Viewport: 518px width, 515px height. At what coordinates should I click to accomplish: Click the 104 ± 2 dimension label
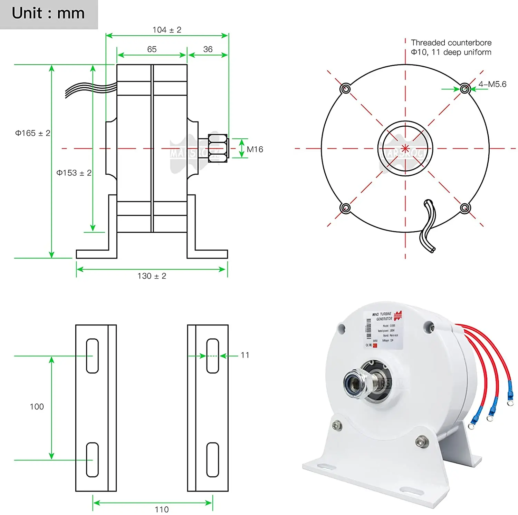(167, 30)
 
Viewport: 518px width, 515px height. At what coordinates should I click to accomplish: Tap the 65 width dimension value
(152, 49)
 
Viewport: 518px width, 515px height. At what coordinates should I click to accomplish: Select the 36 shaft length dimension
(208, 49)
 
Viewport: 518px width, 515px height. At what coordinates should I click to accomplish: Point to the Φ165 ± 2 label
(32, 133)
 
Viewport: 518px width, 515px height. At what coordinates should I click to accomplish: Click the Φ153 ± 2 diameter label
(74, 173)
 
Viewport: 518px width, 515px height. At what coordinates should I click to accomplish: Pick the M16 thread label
(255, 149)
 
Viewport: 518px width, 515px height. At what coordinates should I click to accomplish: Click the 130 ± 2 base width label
(152, 276)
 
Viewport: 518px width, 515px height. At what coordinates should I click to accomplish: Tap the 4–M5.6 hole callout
(492, 84)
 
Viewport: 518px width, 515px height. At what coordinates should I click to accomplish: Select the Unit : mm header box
(48, 14)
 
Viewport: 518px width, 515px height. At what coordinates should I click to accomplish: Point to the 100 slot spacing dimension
(37, 407)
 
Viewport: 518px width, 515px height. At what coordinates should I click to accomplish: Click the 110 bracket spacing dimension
(162, 509)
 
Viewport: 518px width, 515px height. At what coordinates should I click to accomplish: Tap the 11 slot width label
(245, 355)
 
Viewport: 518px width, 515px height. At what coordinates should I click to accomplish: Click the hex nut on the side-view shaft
(218, 148)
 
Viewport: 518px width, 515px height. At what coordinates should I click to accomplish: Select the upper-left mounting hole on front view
(345, 89)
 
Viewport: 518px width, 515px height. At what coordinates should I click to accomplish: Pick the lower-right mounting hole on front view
(465, 208)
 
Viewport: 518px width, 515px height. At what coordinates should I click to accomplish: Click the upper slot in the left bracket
(92, 356)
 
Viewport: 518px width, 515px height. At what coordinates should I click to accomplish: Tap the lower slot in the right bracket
(212, 460)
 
